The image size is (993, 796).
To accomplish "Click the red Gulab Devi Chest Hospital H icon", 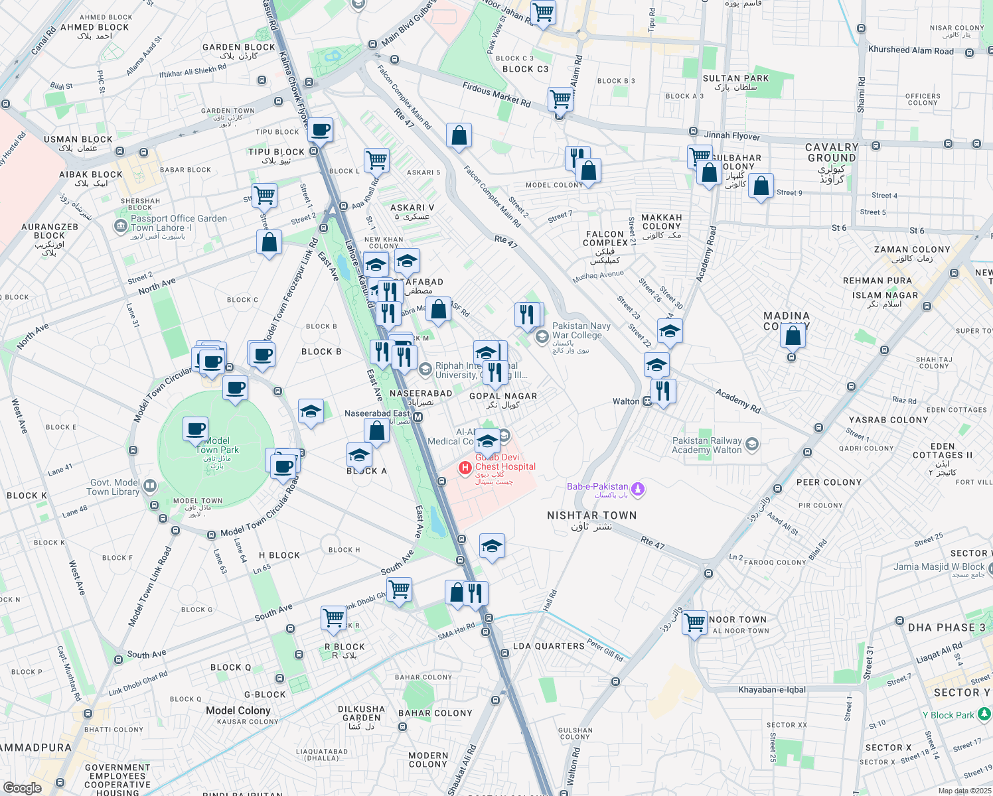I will pyautogui.click(x=465, y=468).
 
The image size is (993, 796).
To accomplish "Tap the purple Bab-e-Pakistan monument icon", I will pyautogui.click(x=638, y=490).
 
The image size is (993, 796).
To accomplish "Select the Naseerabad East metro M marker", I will pyautogui.click(x=418, y=417).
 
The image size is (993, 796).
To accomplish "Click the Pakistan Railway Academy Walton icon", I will pyautogui.click(x=752, y=444).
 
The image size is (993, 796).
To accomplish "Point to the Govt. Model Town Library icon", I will pyautogui.click(x=150, y=487).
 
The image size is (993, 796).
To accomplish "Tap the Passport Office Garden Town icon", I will pyautogui.click(x=120, y=226).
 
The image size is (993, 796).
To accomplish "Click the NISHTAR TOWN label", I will pyautogui.click(x=591, y=515).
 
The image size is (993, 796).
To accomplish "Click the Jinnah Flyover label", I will pyautogui.click(x=731, y=135).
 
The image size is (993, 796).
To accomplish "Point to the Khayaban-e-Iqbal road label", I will pyautogui.click(x=772, y=690).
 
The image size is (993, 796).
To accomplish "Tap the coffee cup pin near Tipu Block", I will pyautogui.click(x=320, y=130).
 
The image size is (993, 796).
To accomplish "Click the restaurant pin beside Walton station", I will pyautogui.click(x=663, y=391).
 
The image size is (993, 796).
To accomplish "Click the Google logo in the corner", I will pyautogui.click(x=22, y=787).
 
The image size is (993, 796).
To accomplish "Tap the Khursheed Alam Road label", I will pyautogui.click(x=911, y=50).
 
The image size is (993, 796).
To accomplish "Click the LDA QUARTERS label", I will pyautogui.click(x=548, y=646).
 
